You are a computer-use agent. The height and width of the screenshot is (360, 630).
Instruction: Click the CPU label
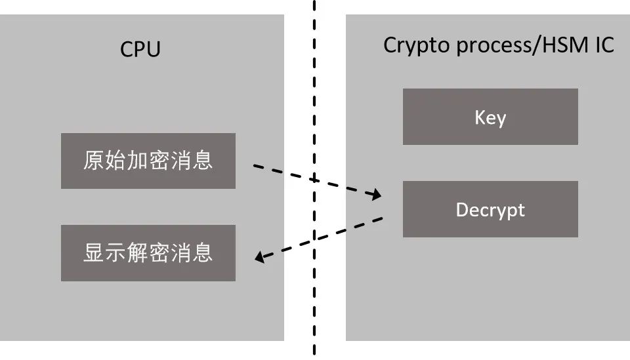click(140, 50)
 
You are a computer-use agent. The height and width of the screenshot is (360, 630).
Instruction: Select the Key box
click(490, 116)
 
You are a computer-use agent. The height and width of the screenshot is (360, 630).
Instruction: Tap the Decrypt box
click(490, 209)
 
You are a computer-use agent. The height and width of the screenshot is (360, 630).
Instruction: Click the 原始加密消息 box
click(148, 161)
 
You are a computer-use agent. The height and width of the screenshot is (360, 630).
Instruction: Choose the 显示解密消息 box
click(148, 253)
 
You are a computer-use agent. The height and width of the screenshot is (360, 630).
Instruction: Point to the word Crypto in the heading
click(408, 46)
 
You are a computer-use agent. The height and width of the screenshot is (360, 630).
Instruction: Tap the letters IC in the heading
click(602, 45)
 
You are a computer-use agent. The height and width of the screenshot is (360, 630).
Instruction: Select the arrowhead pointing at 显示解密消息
click(261, 258)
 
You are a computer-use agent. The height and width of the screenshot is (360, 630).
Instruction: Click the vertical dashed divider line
click(314, 98)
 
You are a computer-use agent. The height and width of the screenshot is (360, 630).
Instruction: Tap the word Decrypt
click(490, 210)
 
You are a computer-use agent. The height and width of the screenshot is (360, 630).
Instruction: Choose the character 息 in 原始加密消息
click(203, 161)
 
